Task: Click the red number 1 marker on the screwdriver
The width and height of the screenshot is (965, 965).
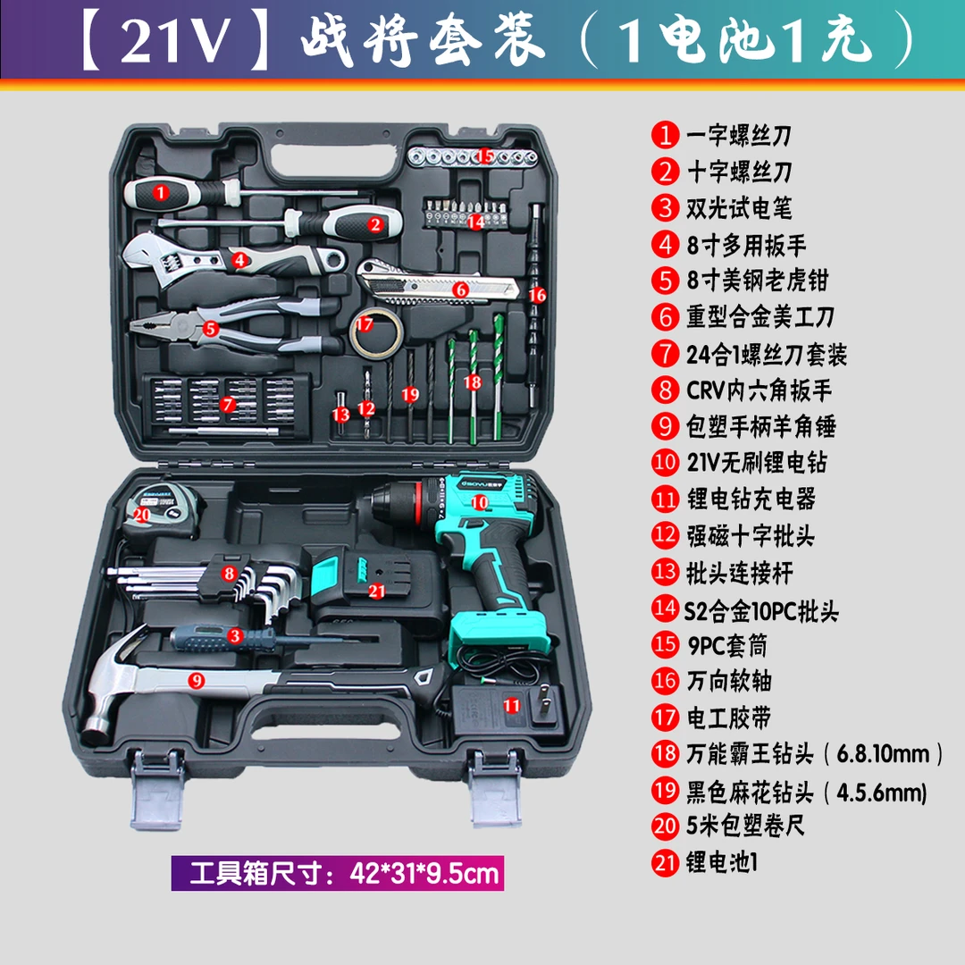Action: point(160,190)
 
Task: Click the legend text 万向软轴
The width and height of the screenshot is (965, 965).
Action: point(727,681)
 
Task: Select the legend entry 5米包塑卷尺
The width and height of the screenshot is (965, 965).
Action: point(745,826)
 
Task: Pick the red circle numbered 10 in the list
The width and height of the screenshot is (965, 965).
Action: point(666,462)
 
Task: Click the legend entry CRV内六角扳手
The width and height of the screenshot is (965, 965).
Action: point(759,390)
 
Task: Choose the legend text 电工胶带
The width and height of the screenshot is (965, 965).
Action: point(727,717)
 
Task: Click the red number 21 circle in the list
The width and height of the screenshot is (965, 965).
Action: point(666,862)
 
